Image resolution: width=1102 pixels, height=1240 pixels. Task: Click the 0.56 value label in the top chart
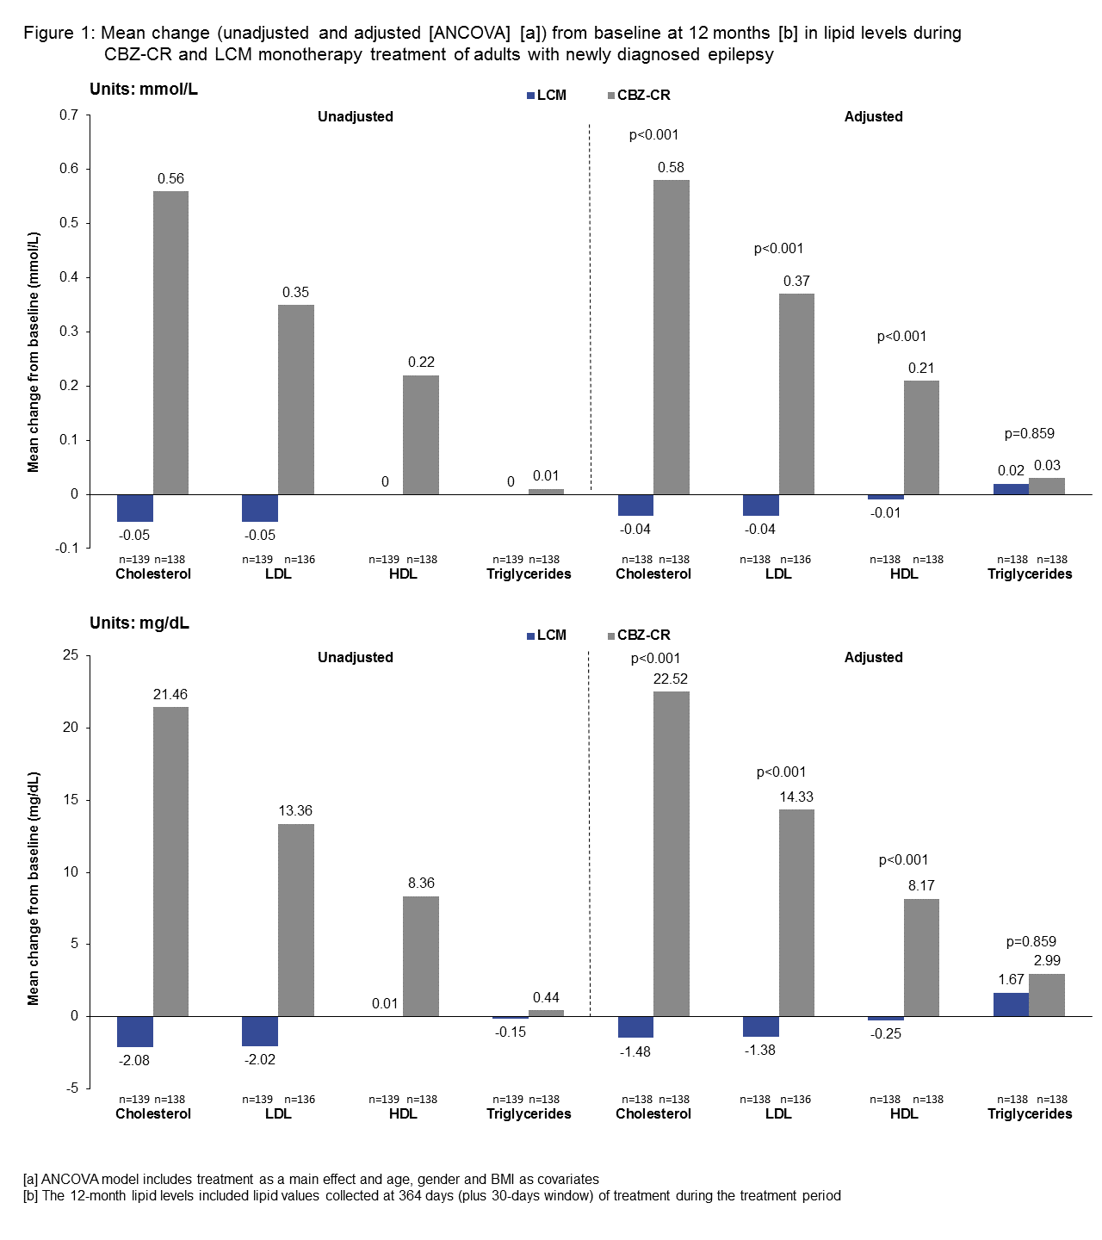[170, 178]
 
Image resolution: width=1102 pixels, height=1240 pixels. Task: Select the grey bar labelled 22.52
[671, 853]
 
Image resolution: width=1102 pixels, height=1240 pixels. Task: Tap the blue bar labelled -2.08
[135, 1032]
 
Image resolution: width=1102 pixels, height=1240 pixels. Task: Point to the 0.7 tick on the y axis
[69, 115]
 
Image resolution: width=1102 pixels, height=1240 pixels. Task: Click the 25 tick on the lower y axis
[71, 655]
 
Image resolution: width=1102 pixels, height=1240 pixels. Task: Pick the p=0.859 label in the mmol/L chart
[1029, 433]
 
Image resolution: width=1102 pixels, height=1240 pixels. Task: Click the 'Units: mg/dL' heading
[139, 623]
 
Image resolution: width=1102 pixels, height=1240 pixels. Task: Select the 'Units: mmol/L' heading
[144, 90]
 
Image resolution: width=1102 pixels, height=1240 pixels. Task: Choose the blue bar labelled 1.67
[1011, 1004]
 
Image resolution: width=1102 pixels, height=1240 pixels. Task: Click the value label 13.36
[295, 810]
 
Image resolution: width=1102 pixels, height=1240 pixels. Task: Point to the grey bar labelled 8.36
[421, 956]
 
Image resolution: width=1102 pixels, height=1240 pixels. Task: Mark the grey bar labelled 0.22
[421, 434]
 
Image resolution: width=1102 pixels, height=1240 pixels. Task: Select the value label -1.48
[635, 1051]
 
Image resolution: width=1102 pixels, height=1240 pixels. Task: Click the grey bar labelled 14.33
[796, 913]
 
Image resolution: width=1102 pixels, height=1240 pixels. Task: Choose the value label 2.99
[1047, 960]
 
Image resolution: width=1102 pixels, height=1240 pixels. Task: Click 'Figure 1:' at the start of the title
[58, 33]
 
